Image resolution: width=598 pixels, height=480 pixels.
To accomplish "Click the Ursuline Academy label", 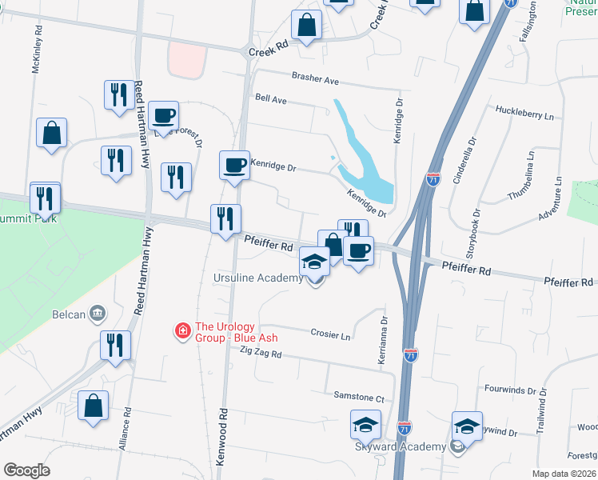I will click(258, 278).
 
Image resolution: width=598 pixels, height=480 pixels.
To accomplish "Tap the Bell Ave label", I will click(270, 102).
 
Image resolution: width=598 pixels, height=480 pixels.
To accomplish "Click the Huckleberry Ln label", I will click(524, 114).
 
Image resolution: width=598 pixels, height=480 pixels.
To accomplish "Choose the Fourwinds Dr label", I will click(510, 390).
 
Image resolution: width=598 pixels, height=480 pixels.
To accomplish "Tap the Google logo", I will click(26, 470).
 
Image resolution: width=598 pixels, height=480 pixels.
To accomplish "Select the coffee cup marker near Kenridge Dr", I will click(234, 166).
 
